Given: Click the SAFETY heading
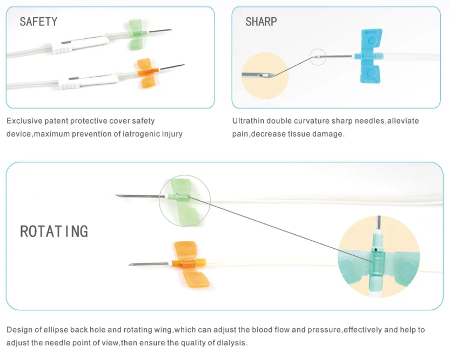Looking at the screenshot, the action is click(x=38, y=22).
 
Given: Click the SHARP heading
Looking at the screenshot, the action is click(x=261, y=22).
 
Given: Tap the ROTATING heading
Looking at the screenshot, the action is click(x=54, y=232).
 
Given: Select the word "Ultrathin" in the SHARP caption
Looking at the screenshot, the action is click(x=247, y=121).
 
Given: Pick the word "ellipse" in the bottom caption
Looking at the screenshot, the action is click(x=57, y=330).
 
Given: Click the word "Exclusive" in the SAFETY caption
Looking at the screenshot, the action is click(x=23, y=121).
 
